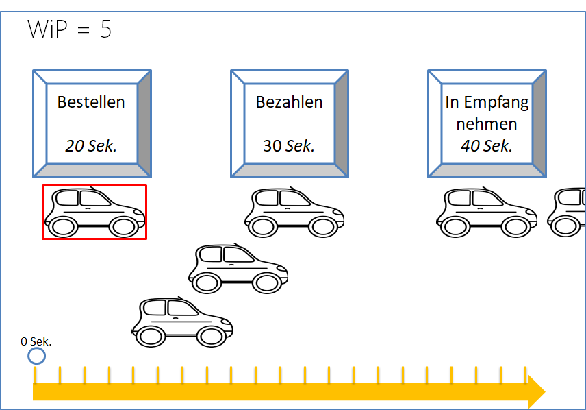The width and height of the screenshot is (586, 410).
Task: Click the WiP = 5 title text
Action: coord(69,29)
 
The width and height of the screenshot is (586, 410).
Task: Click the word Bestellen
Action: coord(91,102)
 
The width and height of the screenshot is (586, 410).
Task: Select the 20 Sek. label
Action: coord(91,145)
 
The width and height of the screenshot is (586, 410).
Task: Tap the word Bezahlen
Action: coord(289,102)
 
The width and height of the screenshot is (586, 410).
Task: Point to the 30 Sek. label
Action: coord(289,145)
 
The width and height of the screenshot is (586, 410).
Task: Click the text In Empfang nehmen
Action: coord(487,113)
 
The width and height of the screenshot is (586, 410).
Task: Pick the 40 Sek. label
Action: coord(487,145)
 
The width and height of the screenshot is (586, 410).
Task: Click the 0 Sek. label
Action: coord(36,341)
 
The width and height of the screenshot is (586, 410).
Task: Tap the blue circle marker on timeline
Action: coord(36,356)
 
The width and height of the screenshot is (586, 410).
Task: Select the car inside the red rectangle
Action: coord(94,212)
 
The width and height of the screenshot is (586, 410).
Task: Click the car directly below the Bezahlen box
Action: coord(294,212)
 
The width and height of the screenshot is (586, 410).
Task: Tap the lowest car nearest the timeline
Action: coord(182,322)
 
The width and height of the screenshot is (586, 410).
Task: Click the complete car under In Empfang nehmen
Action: coord(486,212)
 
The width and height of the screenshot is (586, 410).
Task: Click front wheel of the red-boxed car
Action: coord(124,227)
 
